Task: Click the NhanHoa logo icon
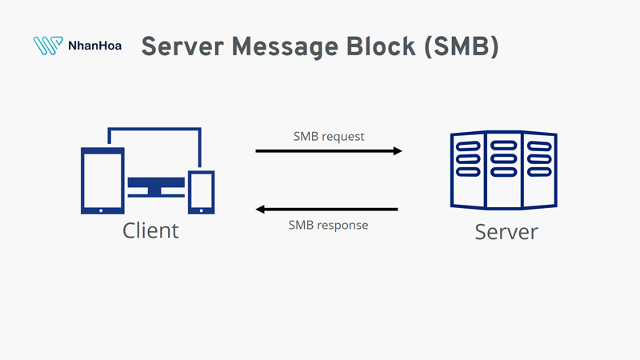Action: [47, 46]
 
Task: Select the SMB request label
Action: [329, 136]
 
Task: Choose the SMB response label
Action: [328, 226]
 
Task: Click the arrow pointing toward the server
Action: [328, 150]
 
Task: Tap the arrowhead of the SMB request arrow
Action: [397, 150]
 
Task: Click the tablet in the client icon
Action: [102, 180]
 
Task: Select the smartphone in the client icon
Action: [201, 192]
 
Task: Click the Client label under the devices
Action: [150, 231]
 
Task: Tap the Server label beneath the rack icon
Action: [506, 232]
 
